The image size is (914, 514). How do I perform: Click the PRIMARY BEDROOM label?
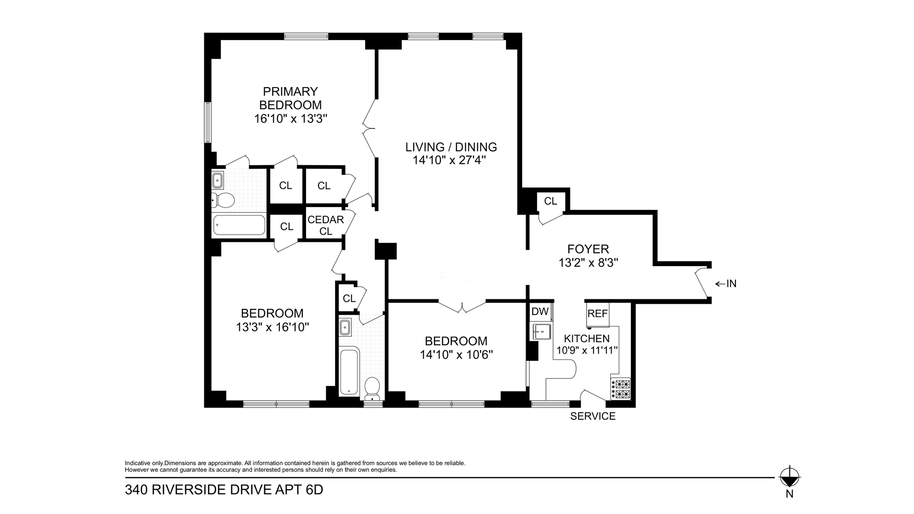tap(290, 98)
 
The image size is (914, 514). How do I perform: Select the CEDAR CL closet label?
tap(326, 225)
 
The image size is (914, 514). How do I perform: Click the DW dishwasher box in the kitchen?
tap(540, 312)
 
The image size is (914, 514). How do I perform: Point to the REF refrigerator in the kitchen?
tap(597, 314)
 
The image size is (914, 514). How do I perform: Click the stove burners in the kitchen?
tap(620, 389)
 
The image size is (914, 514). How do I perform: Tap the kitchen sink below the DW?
tap(541, 330)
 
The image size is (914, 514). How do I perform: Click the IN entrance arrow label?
tap(726, 284)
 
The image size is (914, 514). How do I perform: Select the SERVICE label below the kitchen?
tap(593, 416)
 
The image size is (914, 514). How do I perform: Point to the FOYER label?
tap(588, 249)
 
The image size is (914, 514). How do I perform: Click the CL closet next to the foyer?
tap(550, 201)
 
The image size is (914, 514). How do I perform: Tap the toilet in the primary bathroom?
tap(223, 200)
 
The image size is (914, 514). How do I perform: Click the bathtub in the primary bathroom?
tap(239, 225)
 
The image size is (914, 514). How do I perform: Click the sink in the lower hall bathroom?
tap(345, 327)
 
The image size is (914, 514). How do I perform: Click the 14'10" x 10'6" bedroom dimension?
tap(456, 355)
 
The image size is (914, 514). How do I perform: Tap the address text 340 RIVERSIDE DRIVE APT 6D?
tap(224, 490)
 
